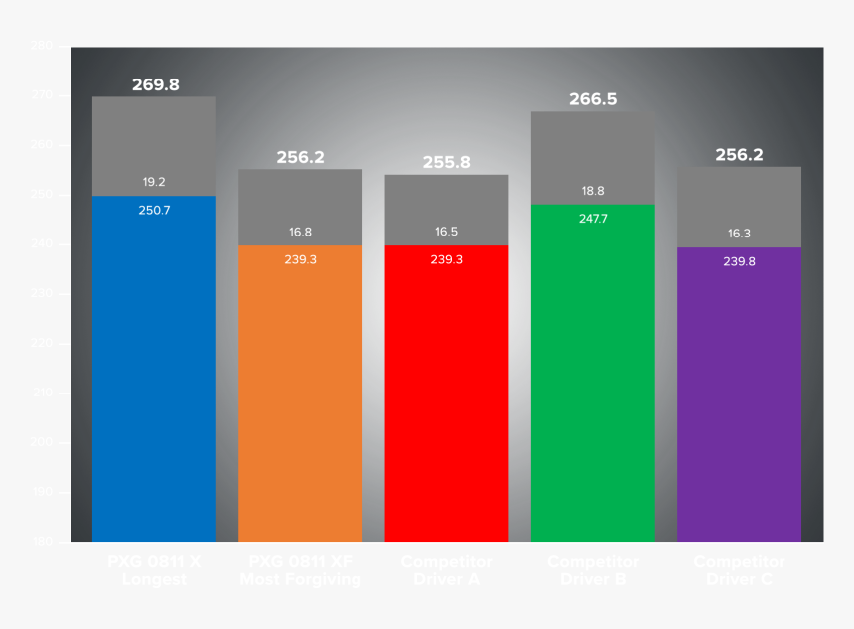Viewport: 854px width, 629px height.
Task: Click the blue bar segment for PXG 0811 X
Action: tap(154, 378)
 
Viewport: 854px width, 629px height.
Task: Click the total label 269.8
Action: tap(155, 85)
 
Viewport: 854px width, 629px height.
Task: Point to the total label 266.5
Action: tap(593, 99)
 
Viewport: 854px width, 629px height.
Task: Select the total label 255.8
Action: tap(447, 162)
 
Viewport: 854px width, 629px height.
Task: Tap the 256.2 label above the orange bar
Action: tap(300, 157)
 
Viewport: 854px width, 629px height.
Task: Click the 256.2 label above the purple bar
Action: tap(739, 155)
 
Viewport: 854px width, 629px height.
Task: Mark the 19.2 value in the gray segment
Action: tap(154, 182)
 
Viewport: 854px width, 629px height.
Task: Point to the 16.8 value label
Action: tap(300, 232)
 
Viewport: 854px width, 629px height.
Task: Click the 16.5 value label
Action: tap(447, 232)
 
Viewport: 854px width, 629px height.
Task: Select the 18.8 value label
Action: tap(593, 191)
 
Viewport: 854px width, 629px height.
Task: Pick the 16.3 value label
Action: tap(739, 234)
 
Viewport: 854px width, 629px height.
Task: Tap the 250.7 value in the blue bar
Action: tap(154, 210)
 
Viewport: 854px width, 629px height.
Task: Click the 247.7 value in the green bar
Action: tap(593, 218)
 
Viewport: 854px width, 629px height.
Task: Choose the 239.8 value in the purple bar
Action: tap(739, 261)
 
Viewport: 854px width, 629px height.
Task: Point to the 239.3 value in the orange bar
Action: tap(300, 259)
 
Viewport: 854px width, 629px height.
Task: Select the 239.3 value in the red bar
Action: tap(447, 259)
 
